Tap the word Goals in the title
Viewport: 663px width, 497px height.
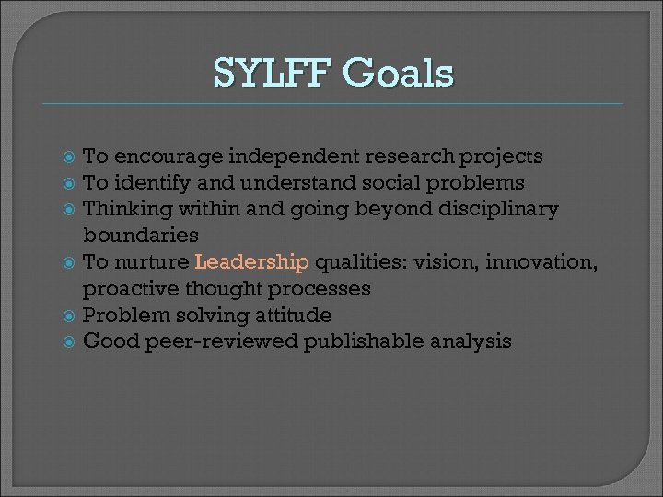[398, 73]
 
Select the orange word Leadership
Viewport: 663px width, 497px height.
[252, 262]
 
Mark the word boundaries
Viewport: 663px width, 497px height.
[141, 236]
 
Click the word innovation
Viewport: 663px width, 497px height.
[542, 262]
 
